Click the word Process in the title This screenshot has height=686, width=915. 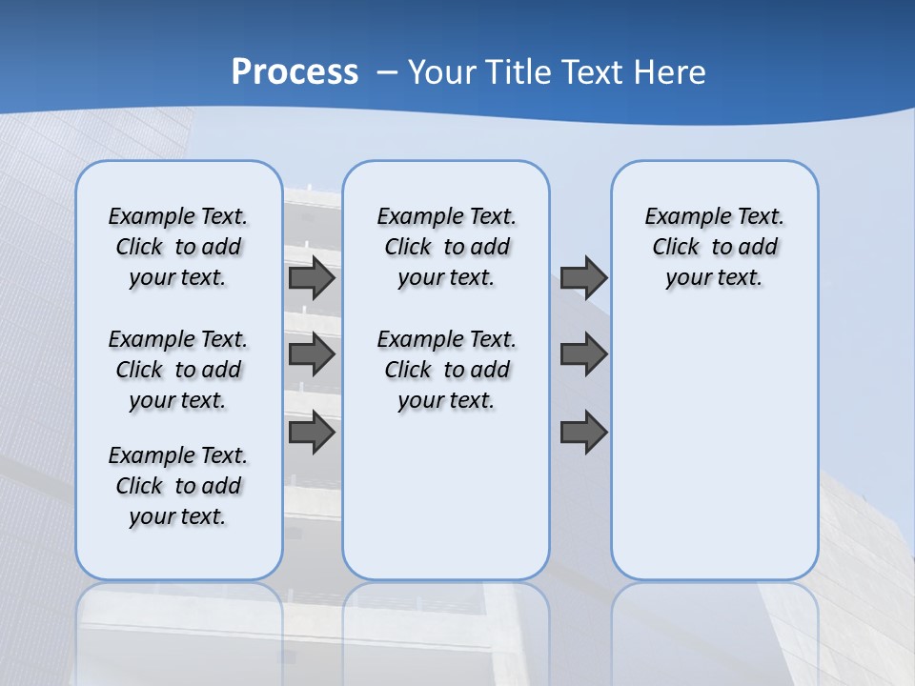(295, 72)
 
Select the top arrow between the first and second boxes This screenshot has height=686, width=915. (312, 278)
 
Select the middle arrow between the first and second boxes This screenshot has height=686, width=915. (312, 354)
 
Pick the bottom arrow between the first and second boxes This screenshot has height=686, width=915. (312, 433)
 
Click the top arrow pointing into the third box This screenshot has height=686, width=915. (583, 278)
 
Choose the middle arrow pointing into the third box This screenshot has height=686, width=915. (583, 354)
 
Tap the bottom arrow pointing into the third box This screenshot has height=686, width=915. (583, 433)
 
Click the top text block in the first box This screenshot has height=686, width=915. (178, 247)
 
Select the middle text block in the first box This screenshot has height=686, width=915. (178, 370)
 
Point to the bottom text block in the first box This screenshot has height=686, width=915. (178, 486)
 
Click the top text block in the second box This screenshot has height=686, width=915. (447, 247)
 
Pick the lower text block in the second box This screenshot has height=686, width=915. (447, 370)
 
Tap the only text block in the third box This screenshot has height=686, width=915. (715, 247)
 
